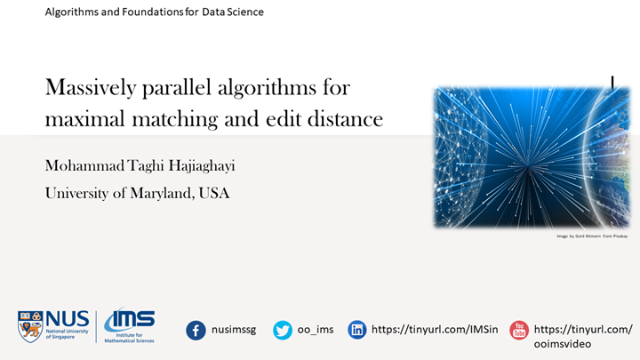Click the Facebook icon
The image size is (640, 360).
pos(196,330)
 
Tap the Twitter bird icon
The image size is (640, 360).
pos(283,330)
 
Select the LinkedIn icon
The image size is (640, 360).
pos(357,330)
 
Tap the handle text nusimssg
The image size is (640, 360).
pos(234,330)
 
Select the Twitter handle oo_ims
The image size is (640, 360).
pos(316,330)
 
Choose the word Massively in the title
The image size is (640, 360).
pos(88,88)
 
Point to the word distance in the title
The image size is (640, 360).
pos(348,118)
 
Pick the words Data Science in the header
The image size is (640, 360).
pos(235,12)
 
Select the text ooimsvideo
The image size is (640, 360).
pos(570,344)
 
